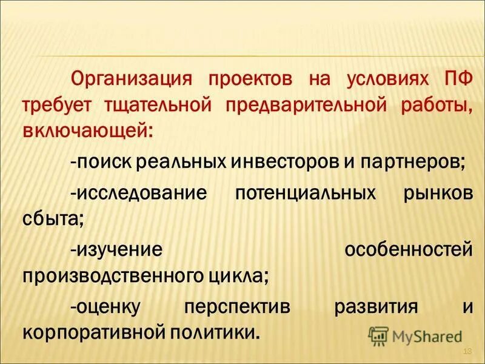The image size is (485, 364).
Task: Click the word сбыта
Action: coord(52,219)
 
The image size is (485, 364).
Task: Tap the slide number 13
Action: coord(467,352)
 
